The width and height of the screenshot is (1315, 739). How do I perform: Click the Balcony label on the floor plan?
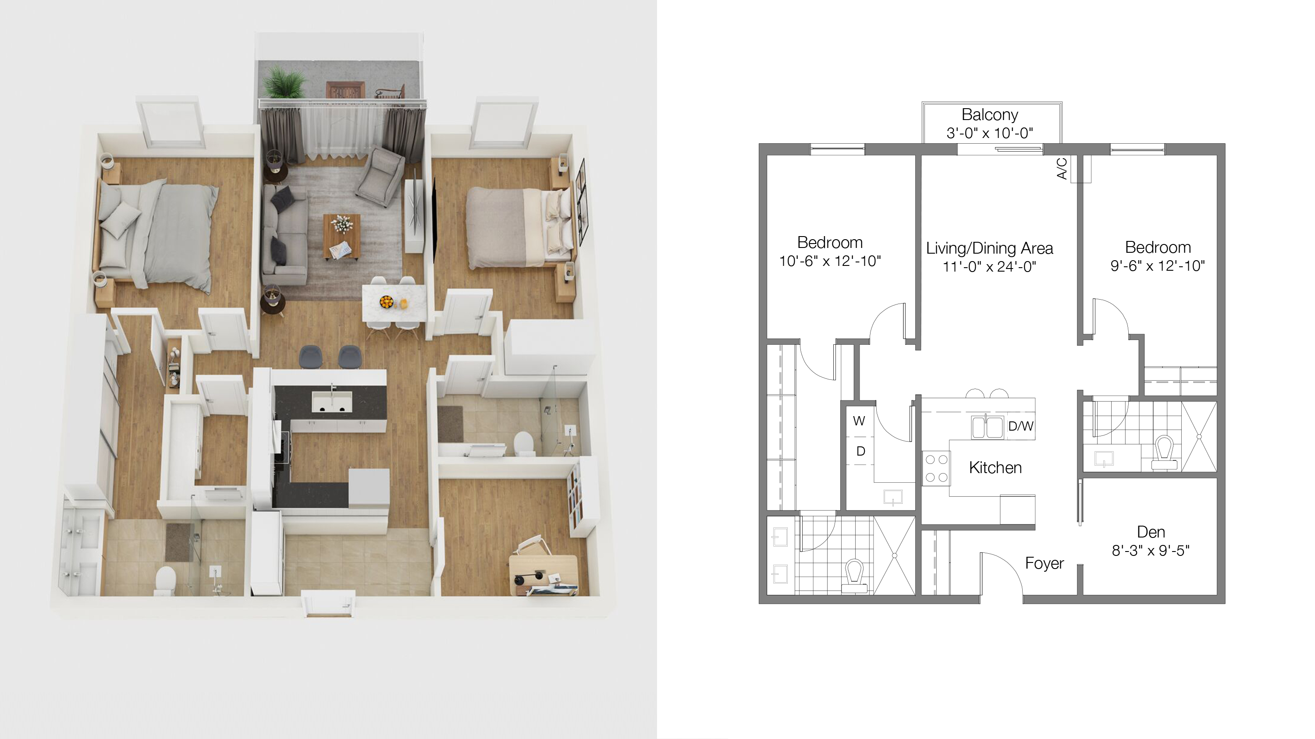(989, 115)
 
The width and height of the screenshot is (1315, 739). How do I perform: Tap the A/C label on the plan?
(1062, 169)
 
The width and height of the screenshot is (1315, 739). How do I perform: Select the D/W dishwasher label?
(1020, 426)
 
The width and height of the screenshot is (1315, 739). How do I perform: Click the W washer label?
(859, 421)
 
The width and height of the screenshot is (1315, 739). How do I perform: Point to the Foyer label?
(1045, 563)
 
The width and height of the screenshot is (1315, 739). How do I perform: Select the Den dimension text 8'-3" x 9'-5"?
(1151, 551)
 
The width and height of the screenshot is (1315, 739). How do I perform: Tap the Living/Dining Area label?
(989, 248)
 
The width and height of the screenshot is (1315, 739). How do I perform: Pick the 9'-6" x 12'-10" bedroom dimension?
(1158, 266)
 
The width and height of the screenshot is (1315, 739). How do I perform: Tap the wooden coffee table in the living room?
(341, 236)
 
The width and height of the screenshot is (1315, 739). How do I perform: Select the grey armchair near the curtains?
(380, 177)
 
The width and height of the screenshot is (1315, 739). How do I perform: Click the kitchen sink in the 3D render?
(332, 401)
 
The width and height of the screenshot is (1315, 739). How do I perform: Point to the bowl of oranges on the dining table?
(387, 302)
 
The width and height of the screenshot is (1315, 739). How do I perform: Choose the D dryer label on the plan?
(861, 451)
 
